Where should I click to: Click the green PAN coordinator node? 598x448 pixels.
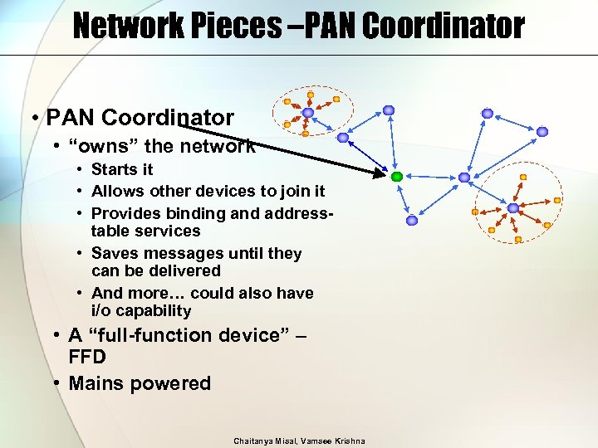(x=397, y=177)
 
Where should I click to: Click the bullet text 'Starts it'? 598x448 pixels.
(x=122, y=169)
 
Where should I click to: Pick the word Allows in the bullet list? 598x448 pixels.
(x=116, y=192)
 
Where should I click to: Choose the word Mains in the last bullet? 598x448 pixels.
(x=95, y=383)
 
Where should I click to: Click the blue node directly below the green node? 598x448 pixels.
(x=412, y=221)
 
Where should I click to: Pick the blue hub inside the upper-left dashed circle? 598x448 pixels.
(x=308, y=113)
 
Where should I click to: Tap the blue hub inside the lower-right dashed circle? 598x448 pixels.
(x=513, y=207)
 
